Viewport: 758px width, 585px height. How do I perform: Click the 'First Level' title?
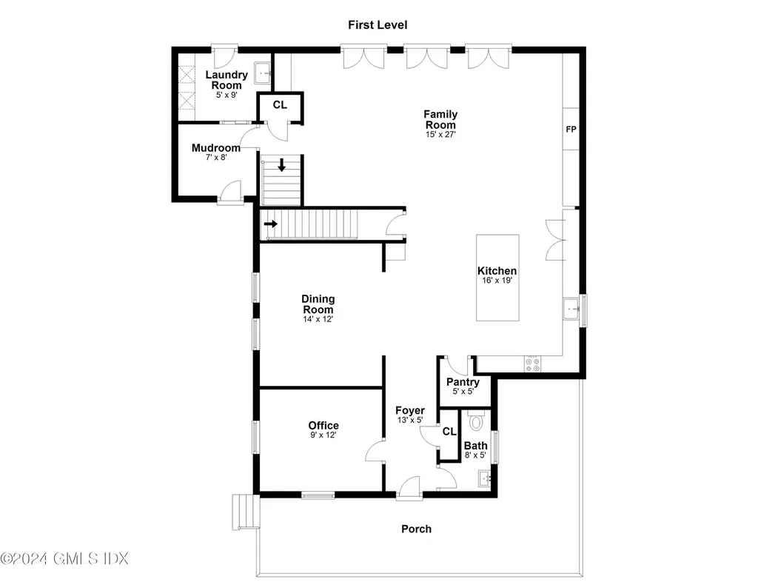pos(378,25)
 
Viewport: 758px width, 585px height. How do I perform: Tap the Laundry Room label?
pos(226,80)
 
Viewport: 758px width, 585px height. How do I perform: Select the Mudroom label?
pos(215,148)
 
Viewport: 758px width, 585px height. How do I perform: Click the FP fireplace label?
pos(571,130)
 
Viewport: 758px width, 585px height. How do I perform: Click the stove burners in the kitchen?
pos(532,363)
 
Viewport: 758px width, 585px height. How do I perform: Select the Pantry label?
pos(463,383)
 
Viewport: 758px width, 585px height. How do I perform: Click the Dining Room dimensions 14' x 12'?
pos(318,319)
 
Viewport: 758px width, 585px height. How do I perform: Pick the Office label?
pos(323,425)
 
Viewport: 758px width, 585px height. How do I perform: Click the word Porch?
pos(416,529)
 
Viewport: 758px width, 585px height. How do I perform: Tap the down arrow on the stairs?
pos(281,165)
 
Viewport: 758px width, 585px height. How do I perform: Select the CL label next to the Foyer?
pos(449,433)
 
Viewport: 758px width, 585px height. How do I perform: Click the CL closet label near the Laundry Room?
pos(279,105)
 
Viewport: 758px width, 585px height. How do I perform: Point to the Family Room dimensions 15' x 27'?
pos(440,135)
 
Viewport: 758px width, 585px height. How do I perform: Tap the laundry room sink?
pos(262,73)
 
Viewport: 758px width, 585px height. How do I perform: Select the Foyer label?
pos(409,410)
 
